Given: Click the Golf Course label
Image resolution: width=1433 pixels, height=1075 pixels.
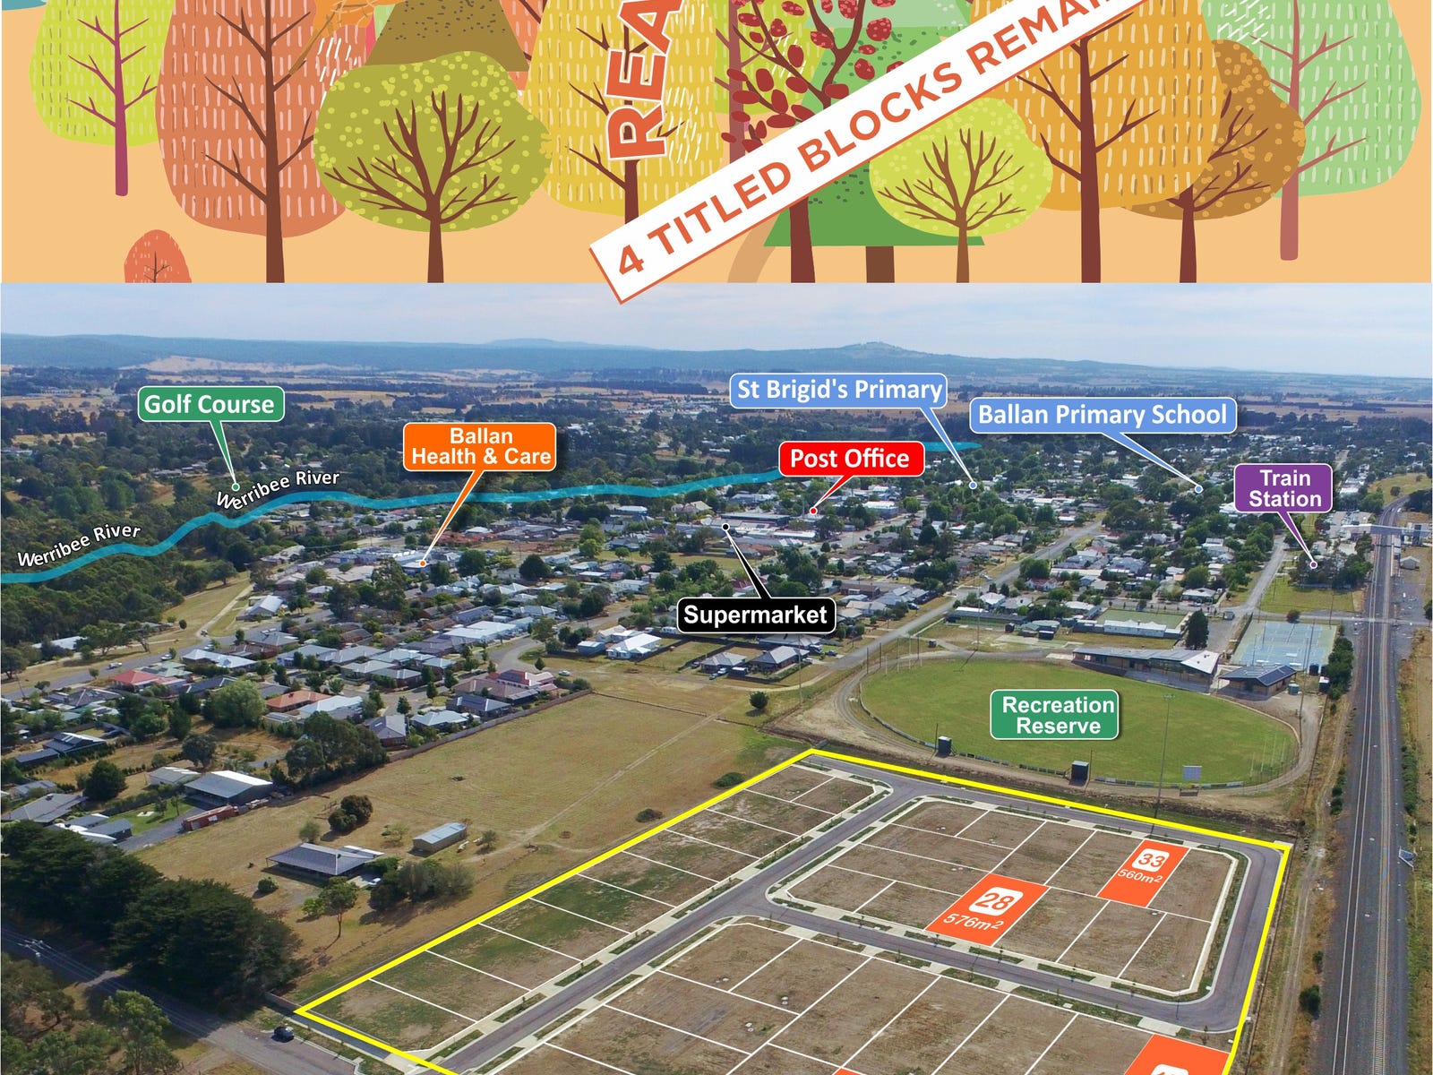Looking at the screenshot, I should click(210, 404).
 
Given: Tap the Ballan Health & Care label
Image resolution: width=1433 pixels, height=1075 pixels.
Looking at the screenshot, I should click(480, 447).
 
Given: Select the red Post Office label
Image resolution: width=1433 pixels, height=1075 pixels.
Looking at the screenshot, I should click(849, 459).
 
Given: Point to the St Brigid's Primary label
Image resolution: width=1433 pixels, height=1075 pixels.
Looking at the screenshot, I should click(839, 390).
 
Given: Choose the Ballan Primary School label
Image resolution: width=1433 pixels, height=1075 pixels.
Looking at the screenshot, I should click(1102, 415).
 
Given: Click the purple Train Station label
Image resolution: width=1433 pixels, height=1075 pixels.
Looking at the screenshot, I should click(1284, 488).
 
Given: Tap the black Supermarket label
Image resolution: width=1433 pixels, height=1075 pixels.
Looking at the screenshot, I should click(755, 615).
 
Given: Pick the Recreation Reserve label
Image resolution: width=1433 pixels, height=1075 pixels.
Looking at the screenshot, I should click(1058, 716).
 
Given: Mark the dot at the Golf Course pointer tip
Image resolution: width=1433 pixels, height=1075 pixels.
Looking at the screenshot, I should click(235, 487).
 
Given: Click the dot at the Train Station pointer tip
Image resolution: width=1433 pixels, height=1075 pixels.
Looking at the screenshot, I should click(1314, 563).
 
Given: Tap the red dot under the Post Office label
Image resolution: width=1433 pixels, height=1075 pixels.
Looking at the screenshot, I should click(813, 511).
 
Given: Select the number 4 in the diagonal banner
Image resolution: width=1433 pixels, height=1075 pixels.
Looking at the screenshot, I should click(631, 259).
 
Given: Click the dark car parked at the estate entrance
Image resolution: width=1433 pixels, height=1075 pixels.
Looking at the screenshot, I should click(283, 1033).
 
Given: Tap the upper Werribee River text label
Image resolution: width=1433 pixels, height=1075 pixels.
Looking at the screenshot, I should click(278, 488).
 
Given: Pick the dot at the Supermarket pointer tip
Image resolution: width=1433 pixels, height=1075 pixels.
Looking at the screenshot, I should click(726, 527).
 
